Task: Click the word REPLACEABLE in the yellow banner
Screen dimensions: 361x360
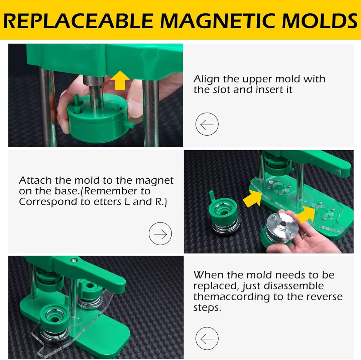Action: click(78, 21)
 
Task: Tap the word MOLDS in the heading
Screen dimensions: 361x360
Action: click(319, 21)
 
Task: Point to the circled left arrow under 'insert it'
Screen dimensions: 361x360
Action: click(207, 124)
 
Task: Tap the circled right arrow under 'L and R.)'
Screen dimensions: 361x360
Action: click(160, 233)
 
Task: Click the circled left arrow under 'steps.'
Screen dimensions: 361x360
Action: click(207, 338)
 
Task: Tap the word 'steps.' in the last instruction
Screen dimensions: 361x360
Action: click(207, 308)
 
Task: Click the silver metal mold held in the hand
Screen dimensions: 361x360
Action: click(282, 226)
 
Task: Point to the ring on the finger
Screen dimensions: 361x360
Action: click(304, 235)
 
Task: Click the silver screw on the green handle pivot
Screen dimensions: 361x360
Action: click(74, 260)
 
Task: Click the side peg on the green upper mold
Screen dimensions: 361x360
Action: click(130, 125)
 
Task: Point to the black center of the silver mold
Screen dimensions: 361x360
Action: click(284, 223)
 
